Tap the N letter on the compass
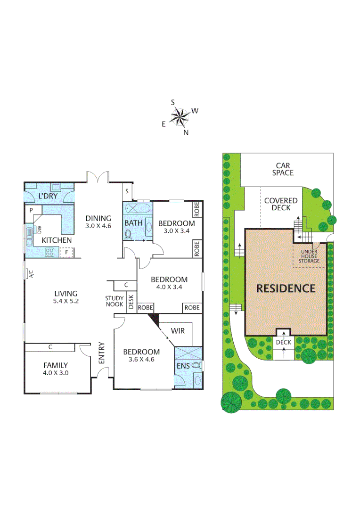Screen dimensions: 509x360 coord(186,132)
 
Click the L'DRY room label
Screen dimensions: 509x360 coord(47,196)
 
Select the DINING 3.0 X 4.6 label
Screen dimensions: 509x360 coord(98,222)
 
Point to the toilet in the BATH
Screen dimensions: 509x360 coord(128,233)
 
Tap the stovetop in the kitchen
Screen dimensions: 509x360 coord(49,252)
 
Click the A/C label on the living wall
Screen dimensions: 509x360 coord(29,273)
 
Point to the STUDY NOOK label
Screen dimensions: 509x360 coord(115,301)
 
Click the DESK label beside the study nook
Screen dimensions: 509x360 coord(131,301)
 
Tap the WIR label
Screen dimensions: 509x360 coord(178,331)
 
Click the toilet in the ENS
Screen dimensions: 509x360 coord(196,365)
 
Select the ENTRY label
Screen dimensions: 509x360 coord(101,353)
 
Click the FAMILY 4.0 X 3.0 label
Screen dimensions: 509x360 coord(56,369)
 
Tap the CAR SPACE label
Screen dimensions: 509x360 coord(282,169)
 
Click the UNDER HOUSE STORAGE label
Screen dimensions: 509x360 coord(310,256)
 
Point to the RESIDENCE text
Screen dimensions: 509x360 coord(286,288)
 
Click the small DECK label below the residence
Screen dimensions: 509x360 coord(284,343)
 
